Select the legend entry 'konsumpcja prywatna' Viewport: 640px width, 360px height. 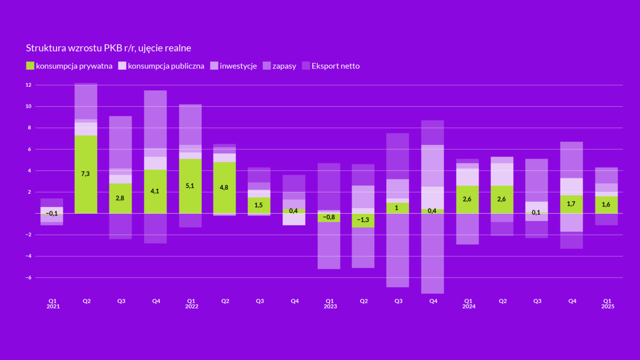coord(69,66)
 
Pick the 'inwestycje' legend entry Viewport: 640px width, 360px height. coord(233,66)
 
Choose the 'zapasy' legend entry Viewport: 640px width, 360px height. coord(280,66)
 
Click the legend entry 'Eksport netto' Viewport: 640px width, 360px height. coord(331,66)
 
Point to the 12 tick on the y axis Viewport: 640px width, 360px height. coord(28,85)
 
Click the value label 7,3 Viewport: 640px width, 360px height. coord(86,174)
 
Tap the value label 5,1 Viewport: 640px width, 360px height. coord(190,186)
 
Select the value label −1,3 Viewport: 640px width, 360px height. coord(364,220)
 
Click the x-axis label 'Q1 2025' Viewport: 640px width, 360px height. coord(607,304)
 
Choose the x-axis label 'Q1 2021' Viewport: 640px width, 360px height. coord(52,304)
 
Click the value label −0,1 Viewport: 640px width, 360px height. coord(52,213)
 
